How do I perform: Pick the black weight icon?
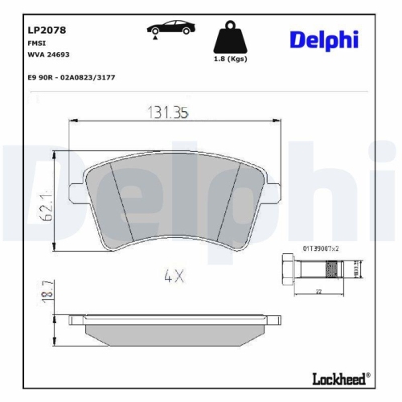click(x=228, y=35)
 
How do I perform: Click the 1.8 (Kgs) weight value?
click(x=228, y=60)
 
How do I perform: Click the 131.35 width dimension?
click(x=166, y=114)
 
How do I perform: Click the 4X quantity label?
click(x=174, y=277)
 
